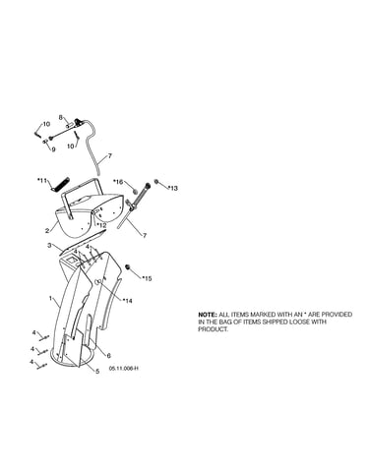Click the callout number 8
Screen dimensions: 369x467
[x=61, y=117]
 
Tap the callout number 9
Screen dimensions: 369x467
[x=53, y=149]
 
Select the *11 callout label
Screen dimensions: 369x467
[x=42, y=180]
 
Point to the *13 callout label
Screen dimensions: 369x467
[x=173, y=188]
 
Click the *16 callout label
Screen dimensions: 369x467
[x=118, y=182]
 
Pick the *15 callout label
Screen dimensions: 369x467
[x=147, y=278]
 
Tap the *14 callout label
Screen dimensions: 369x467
[x=127, y=301]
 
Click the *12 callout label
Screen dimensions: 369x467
[x=101, y=226]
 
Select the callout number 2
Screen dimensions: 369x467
[x=47, y=231]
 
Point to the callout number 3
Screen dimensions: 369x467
[x=49, y=245]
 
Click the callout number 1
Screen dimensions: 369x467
[x=50, y=298]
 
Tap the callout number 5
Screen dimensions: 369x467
[x=97, y=372]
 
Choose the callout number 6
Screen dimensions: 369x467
[x=109, y=356]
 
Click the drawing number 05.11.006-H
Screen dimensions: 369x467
[x=124, y=369]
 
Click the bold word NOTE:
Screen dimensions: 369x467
[x=208, y=315]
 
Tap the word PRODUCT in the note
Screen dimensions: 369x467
[x=213, y=329]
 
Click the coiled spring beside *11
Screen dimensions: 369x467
[x=60, y=185]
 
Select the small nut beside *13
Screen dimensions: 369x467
[x=156, y=182]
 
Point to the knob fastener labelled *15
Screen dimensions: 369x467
[x=129, y=267]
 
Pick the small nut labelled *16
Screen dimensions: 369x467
[x=135, y=191]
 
